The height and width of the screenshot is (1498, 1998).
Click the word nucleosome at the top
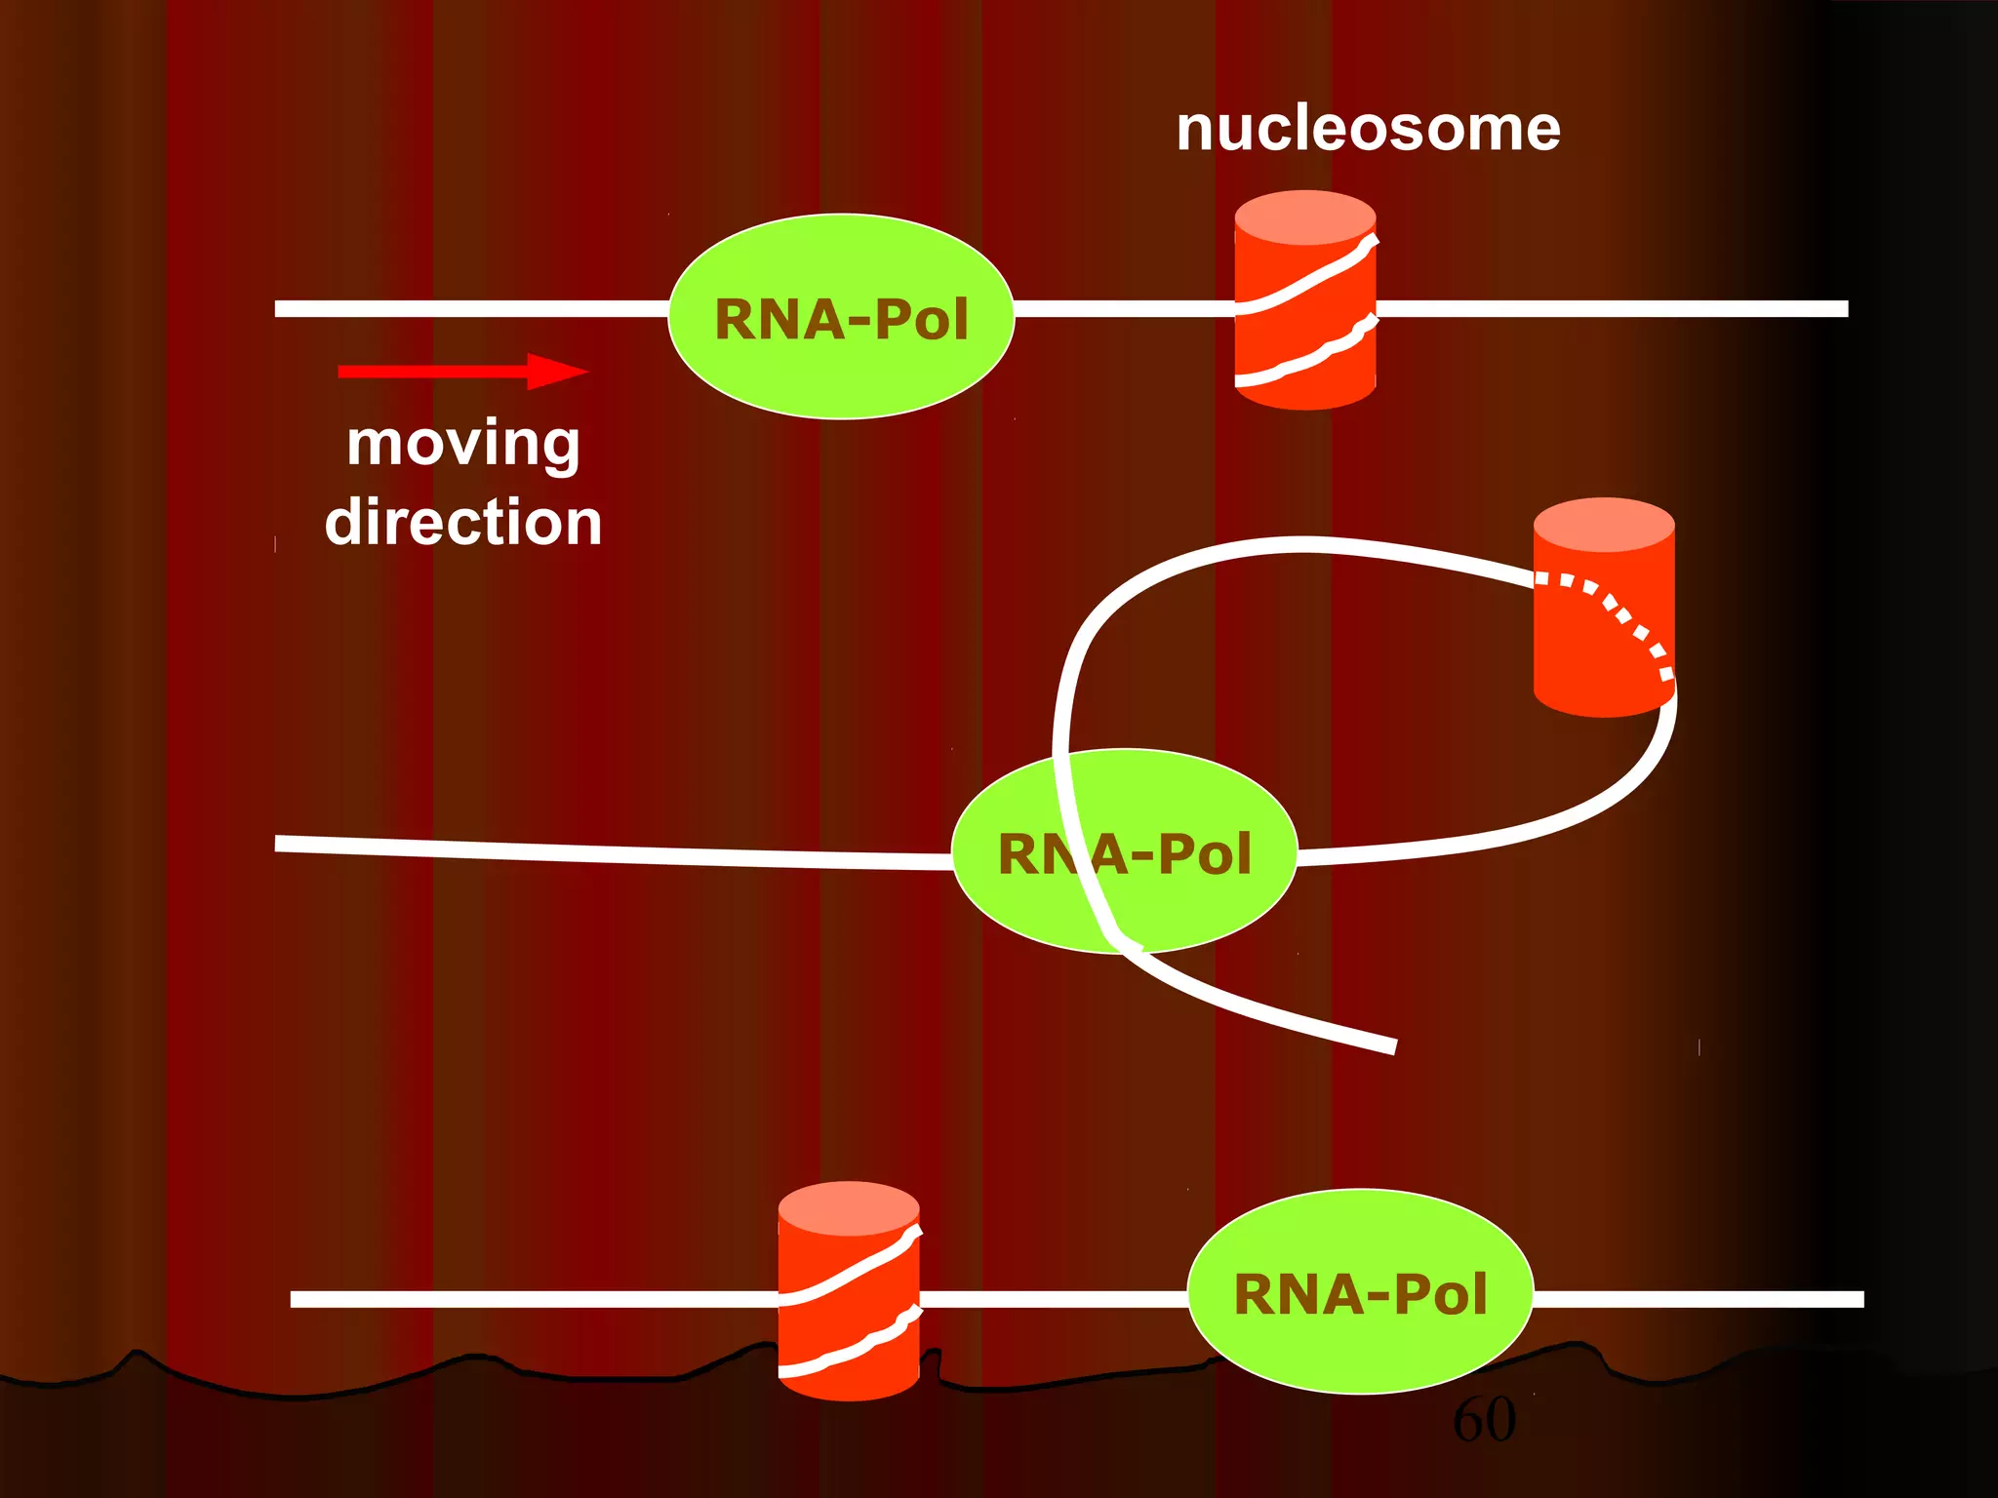1368,129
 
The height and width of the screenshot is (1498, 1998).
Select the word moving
463,444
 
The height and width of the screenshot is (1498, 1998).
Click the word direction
463,523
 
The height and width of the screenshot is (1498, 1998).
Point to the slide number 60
1484,1419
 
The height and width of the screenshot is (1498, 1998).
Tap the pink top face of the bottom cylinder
849,1207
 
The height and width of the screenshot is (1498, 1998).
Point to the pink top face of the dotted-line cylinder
1604,525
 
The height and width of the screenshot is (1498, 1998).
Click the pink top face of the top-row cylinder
1305,217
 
